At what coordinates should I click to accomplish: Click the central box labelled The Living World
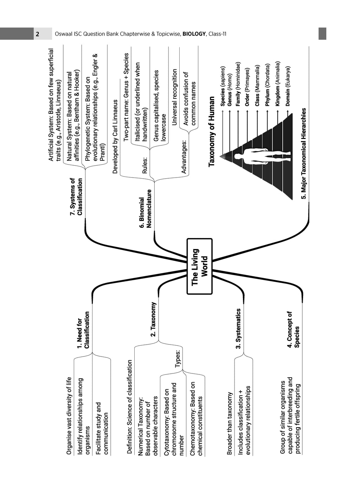199,266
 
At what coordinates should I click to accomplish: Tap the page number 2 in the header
38,34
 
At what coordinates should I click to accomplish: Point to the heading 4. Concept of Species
293,329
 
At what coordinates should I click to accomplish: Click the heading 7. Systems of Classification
76,197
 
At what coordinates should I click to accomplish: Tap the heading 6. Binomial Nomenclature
145,209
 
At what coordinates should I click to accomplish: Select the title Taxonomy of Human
211,131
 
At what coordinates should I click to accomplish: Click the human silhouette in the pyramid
263,156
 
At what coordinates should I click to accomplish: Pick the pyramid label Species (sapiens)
223,86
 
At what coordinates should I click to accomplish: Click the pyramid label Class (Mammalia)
257,86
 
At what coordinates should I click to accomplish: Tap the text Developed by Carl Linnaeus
115,136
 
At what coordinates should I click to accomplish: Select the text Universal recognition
174,97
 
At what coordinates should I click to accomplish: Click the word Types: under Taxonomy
178,359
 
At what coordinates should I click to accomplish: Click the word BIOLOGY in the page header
194,34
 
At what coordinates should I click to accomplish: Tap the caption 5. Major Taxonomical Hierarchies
304,153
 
